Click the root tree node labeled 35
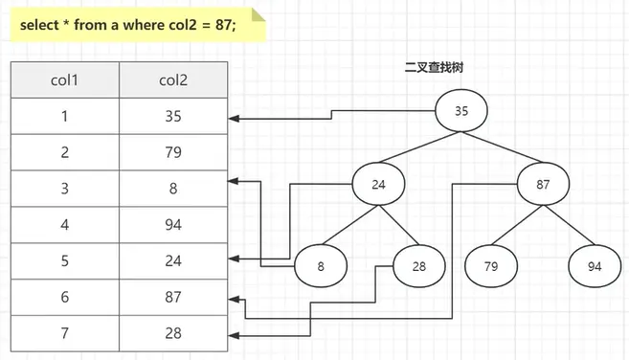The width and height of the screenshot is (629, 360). point(461,111)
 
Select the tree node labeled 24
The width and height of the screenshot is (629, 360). point(378,187)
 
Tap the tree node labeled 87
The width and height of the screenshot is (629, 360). point(542,186)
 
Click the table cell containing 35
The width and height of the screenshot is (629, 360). point(173,116)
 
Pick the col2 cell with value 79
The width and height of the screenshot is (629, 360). point(173,152)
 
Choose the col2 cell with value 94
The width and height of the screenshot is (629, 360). point(173,225)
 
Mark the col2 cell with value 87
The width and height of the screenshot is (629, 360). point(173,298)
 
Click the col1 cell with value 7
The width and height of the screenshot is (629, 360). point(64,333)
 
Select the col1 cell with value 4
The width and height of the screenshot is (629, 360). point(64,225)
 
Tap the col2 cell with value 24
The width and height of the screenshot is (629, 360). point(173,261)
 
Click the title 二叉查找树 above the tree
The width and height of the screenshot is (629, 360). point(435,68)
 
